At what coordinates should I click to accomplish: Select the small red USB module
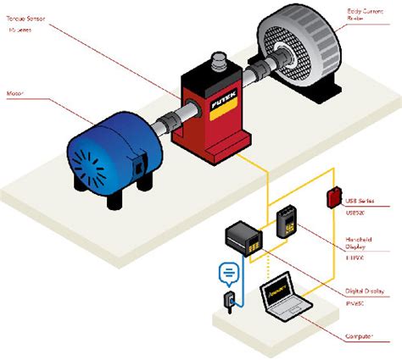pos(332,197)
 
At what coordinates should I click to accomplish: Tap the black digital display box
pos(243,240)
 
